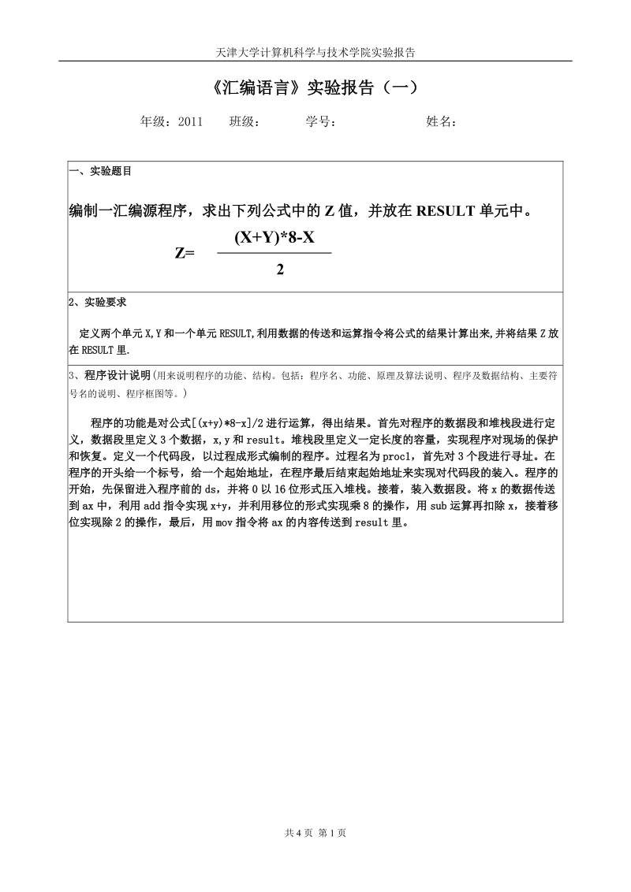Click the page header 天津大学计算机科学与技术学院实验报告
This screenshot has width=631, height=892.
coord(315,53)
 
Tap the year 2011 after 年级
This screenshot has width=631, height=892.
coord(191,121)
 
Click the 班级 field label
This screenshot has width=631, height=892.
coord(245,121)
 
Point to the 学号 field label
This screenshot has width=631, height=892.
coord(321,121)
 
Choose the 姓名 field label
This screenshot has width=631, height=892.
coord(441,121)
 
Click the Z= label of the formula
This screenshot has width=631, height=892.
coord(185,253)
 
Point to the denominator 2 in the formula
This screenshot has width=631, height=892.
coord(280,270)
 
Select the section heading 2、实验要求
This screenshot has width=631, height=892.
coord(98,302)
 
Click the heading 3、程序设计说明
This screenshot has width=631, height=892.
coord(110,375)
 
